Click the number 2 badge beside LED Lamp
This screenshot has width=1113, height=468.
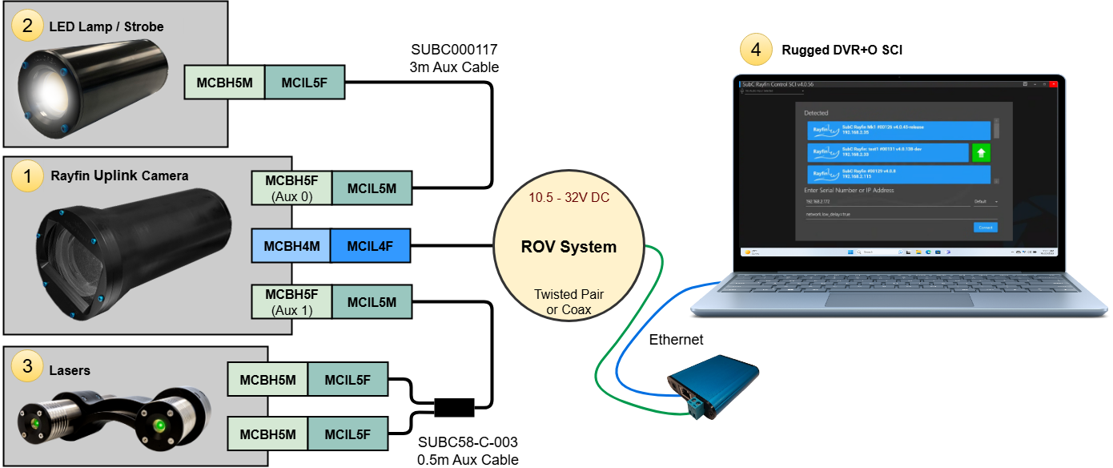click(x=27, y=26)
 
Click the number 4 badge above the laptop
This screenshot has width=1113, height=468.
click(x=756, y=50)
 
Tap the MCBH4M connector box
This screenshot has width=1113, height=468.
click(x=291, y=245)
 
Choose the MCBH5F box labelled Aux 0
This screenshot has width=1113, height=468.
click(x=291, y=188)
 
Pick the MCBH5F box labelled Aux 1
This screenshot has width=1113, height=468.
click(x=291, y=301)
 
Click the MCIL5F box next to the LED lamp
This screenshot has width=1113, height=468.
click(x=303, y=82)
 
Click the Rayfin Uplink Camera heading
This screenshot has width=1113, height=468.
click(x=119, y=175)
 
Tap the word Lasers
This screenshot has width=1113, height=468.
click(x=70, y=370)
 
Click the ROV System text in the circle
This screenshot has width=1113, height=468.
click(x=569, y=246)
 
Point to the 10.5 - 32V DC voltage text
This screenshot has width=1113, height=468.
click(x=569, y=198)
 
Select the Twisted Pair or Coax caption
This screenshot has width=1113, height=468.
click(x=569, y=302)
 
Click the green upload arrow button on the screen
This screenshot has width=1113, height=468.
click(x=981, y=152)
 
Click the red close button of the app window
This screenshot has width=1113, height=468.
click(x=1054, y=83)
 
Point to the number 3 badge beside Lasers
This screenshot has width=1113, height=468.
click(x=27, y=366)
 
